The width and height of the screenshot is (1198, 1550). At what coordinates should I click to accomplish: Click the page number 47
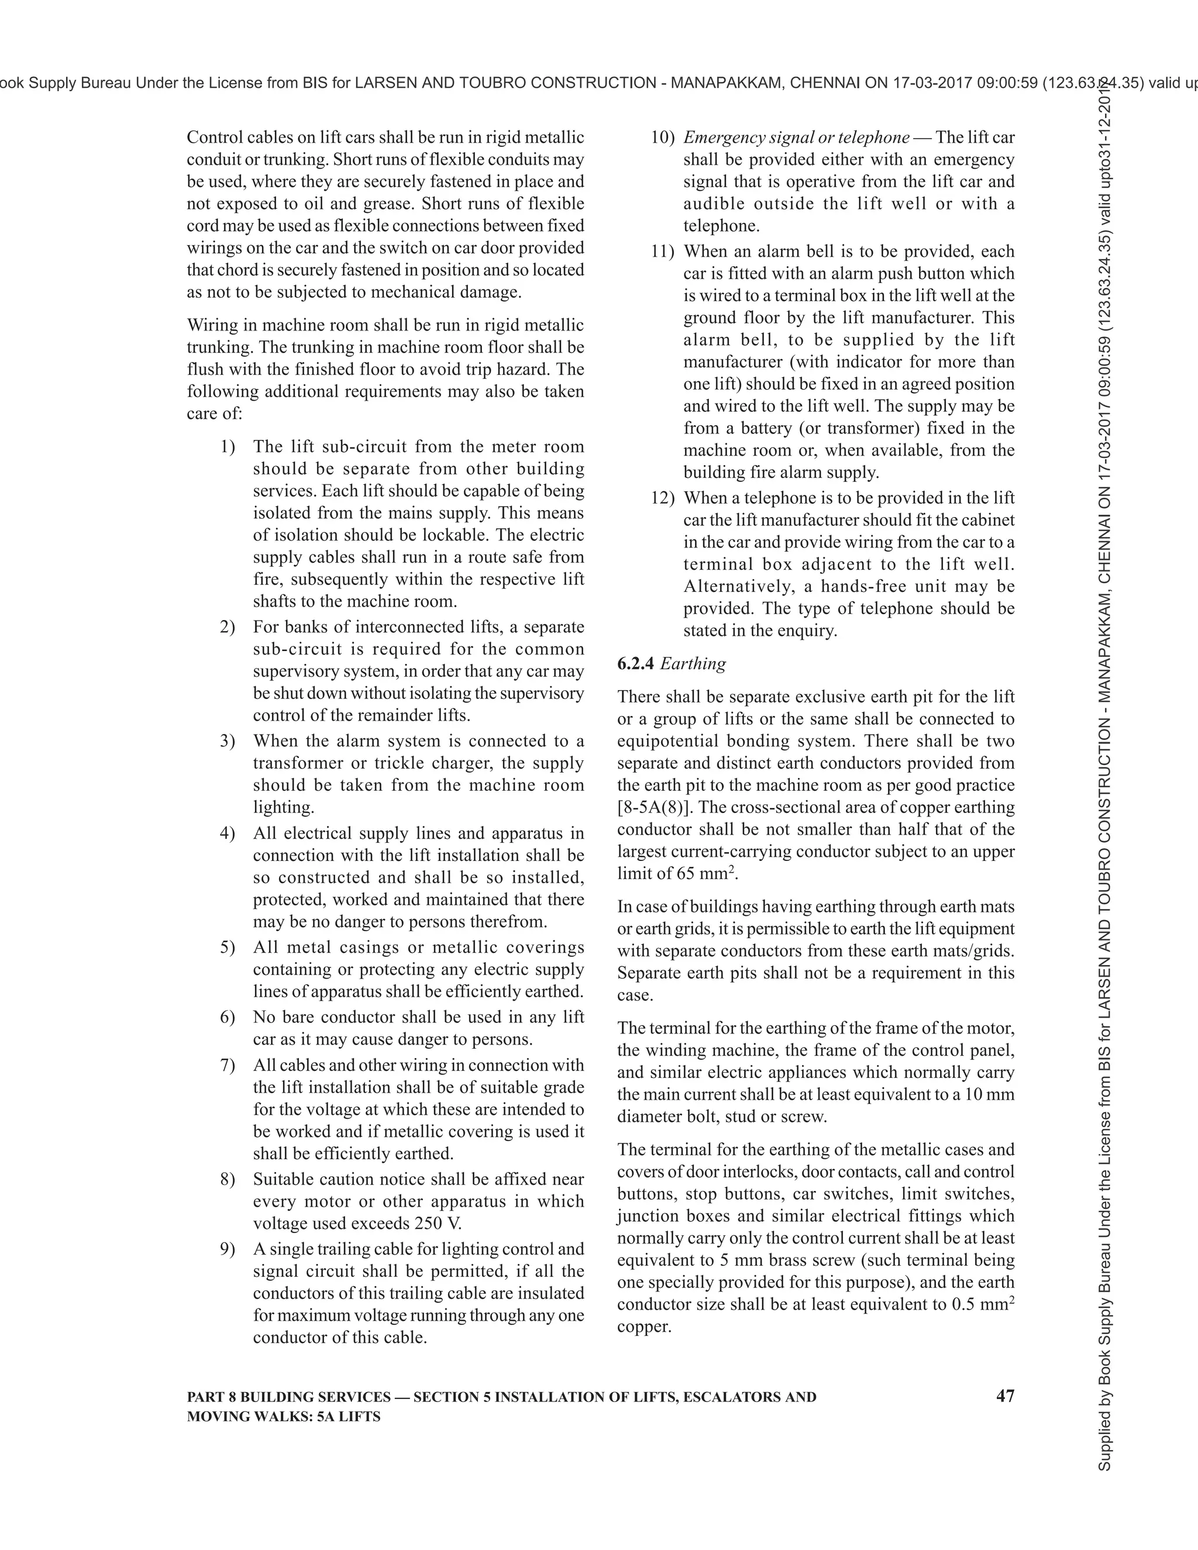pyautogui.click(x=1005, y=1396)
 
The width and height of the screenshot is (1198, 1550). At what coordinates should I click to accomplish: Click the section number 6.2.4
pyautogui.click(x=636, y=664)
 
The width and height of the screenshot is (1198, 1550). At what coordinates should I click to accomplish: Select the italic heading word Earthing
pyautogui.click(x=693, y=664)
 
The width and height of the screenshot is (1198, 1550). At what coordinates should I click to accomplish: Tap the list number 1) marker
pyautogui.click(x=227, y=446)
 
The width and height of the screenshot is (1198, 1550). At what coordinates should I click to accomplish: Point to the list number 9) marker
pyautogui.click(x=227, y=1249)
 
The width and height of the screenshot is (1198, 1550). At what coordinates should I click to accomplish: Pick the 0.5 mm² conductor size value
pyautogui.click(x=982, y=1304)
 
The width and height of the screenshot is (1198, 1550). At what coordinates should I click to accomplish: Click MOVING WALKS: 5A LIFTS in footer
pyautogui.click(x=283, y=1417)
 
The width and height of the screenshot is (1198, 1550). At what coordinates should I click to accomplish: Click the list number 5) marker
pyautogui.click(x=227, y=948)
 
